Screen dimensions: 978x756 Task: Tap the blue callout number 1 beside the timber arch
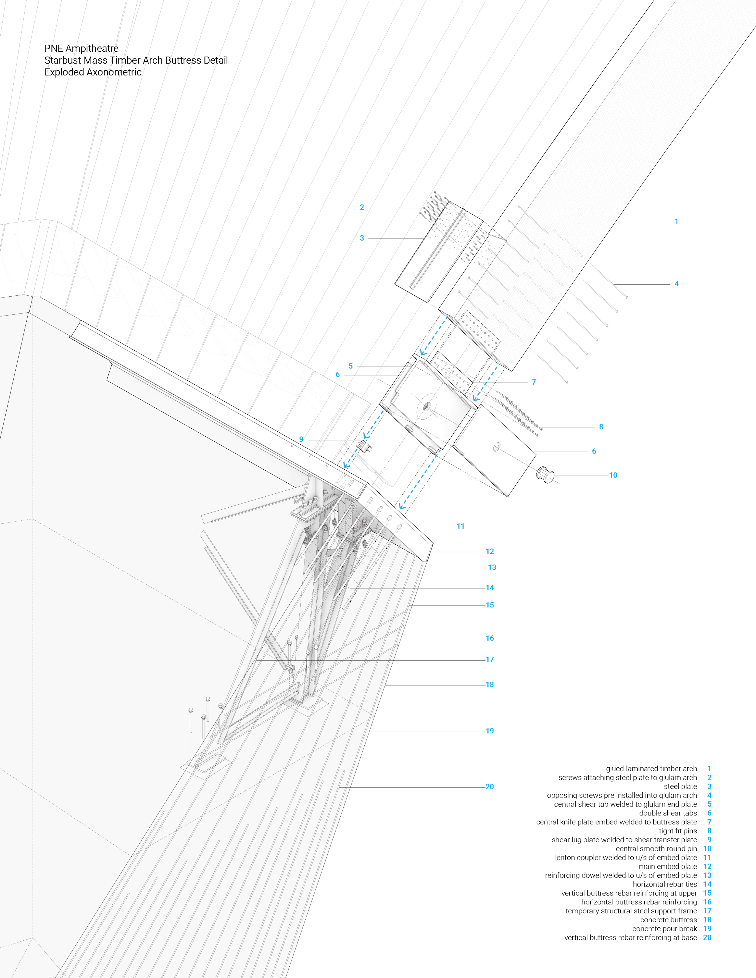point(676,222)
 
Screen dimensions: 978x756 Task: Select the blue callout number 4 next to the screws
point(676,284)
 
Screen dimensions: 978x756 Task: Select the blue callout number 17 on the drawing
point(489,660)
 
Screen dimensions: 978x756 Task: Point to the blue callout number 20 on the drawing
point(489,787)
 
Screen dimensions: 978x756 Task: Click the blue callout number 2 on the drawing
point(362,207)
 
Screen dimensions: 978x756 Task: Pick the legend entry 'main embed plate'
point(668,866)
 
